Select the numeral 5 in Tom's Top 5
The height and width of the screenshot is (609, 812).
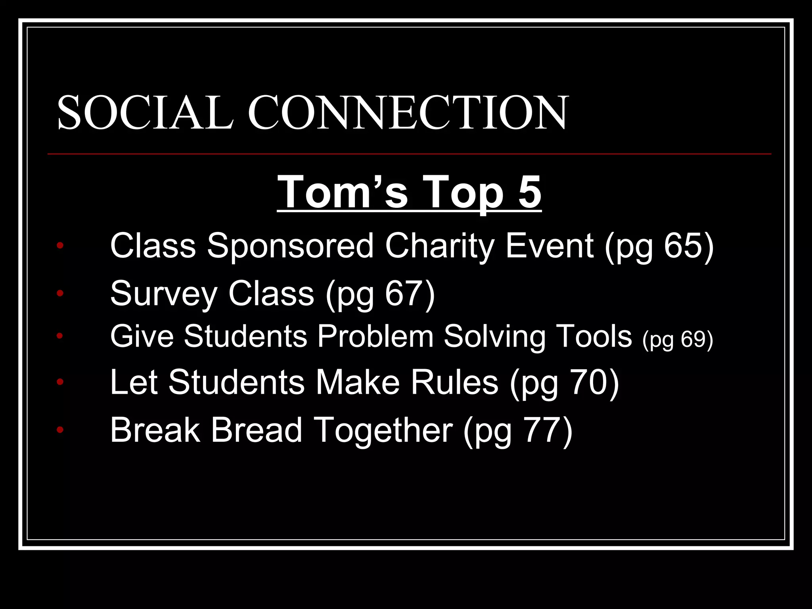click(x=529, y=192)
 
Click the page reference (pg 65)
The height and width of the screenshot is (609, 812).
click(x=659, y=247)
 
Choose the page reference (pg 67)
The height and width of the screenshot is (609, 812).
click(x=380, y=294)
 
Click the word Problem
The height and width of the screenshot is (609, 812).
click(x=375, y=337)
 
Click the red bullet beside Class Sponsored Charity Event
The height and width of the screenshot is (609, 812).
click(x=60, y=245)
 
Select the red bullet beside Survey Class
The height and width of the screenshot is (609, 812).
click(x=60, y=293)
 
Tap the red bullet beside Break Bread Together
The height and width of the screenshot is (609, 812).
click(x=60, y=429)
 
